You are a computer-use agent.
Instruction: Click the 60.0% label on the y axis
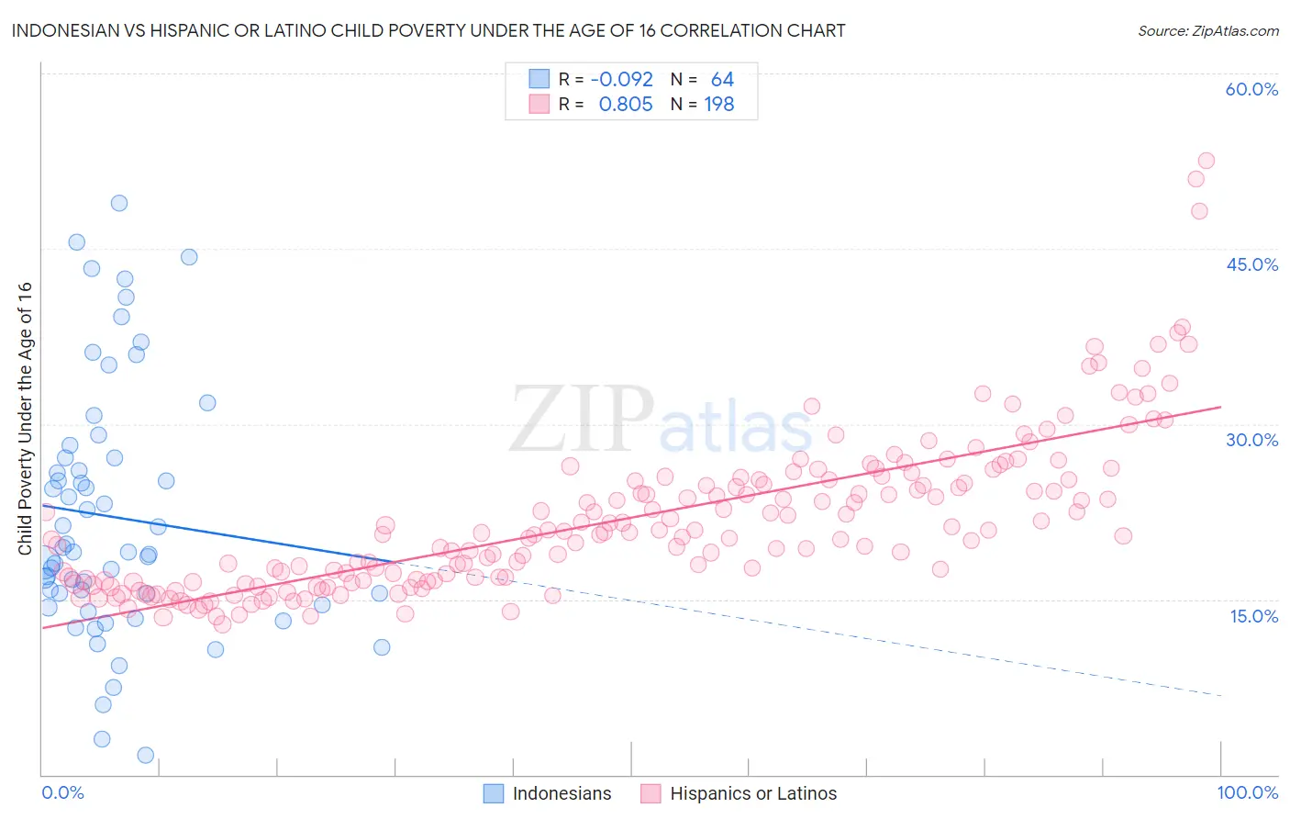click(x=1251, y=89)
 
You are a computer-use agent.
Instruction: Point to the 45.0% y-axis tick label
click(x=1251, y=264)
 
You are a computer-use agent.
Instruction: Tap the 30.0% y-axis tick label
click(x=1251, y=440)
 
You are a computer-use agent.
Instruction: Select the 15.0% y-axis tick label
click(x=1253, y=616)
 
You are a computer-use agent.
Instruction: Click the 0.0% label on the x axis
click(x=62, y=792)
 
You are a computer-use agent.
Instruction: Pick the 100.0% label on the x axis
click(x=1247, y=792)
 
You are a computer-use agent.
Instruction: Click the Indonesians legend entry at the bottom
click(x=562, y=793)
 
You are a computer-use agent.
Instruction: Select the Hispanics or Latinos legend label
click(x=753, y=793)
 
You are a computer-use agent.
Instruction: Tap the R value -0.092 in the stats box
click(x=621, y=79)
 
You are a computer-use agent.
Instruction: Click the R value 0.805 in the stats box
click(x=625, y=105)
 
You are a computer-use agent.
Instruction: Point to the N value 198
click(x=718, y=105)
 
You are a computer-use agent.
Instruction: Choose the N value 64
click(x=722, y=79)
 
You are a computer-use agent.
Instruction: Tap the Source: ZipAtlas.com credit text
click(x=1207, y=30)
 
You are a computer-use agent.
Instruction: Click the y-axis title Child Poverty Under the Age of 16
click(x=25, y=418)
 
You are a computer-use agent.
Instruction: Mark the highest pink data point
click(x=1206, y=161)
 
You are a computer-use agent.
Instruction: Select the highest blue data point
click(x=119, y=203)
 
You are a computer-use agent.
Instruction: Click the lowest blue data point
click(x=145, y=755)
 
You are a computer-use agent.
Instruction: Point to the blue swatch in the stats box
click(x=539, y=79)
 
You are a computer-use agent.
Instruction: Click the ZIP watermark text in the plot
click(x=581, y=419)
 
